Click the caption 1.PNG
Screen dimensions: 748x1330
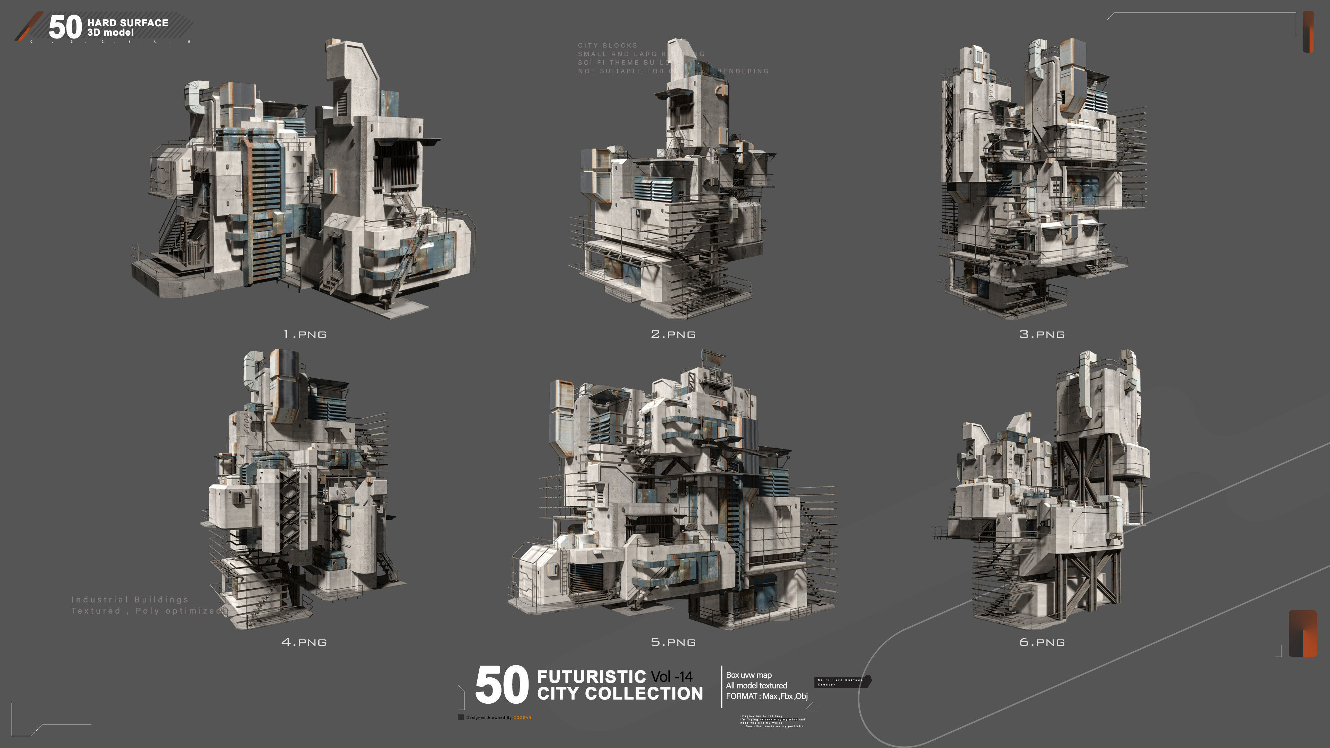pos(305,335)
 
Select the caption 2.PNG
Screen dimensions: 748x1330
pos(673,335)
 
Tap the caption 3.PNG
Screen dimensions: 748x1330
pos(1042,335)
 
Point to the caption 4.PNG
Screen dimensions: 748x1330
pos(304,642)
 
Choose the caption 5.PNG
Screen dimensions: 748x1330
pos(673,642)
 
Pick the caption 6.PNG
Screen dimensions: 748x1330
pos(1042,642)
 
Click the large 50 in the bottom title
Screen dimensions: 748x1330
pos(501,685)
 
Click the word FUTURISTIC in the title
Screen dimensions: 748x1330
pos(591,676)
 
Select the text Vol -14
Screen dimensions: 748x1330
pos(672,676)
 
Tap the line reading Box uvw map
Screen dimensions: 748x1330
pos(748,675)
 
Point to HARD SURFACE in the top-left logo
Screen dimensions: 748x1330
pos(127,23)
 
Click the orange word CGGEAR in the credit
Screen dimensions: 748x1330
pos(522,718)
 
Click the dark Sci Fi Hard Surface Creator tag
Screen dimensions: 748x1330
pos(842,682)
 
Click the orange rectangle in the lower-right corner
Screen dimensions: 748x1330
pos(1302,633)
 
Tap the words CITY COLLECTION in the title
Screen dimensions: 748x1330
pos(620,693)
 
